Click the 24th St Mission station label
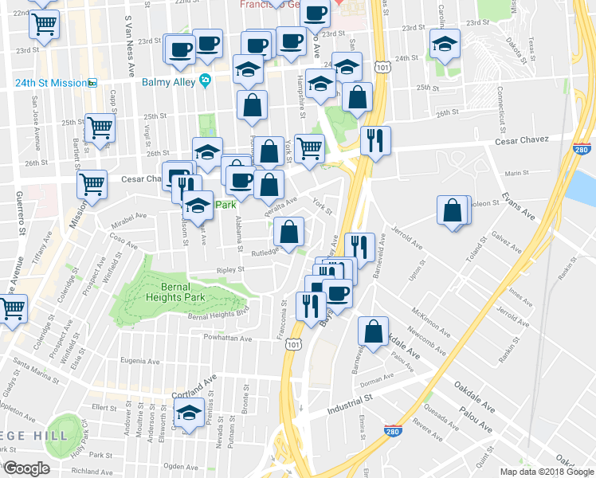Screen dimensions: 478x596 click(x=49, y=82)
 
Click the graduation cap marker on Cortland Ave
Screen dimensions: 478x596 click(x=189, y=414)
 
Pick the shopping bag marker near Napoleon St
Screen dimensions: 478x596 click(x=453, y=212)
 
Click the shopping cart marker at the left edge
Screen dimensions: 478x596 click(x=13, y=308)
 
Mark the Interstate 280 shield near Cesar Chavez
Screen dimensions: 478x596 click(x=582, y=148)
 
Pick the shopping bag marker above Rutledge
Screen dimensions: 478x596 click(x=288, y=233)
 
